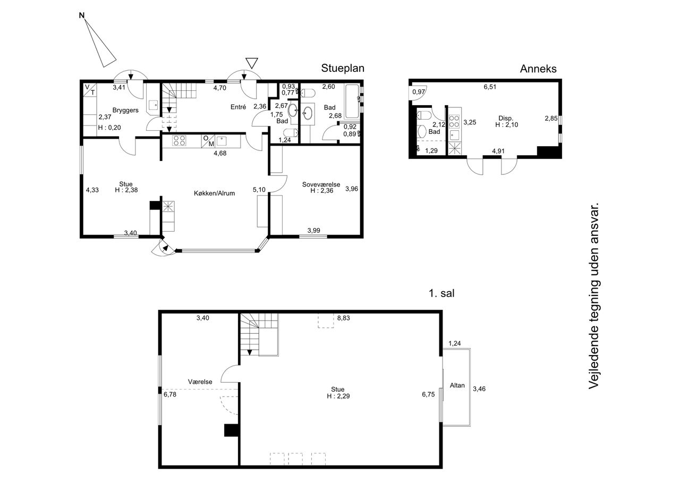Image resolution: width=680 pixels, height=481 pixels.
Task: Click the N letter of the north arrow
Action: click(82, 15)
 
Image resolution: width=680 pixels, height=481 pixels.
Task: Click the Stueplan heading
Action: click(343, 69)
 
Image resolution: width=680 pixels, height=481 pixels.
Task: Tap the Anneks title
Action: click(538, 69)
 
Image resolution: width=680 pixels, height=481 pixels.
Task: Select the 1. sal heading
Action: click(441, 293)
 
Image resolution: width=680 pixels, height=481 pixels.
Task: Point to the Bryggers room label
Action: click(125, 110)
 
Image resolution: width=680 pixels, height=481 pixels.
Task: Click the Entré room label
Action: click(238, 107)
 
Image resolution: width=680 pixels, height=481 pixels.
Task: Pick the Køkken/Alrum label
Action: click(214, 193)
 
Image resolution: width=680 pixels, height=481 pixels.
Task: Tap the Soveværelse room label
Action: click(321, 184)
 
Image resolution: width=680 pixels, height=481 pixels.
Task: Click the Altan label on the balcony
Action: click(457, 385)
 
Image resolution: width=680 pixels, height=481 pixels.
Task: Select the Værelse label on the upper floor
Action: click(200, 382)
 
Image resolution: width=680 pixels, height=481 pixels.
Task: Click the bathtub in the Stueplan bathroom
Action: click(352, 102)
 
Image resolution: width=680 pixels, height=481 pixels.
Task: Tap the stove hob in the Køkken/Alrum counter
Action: click(179, 141)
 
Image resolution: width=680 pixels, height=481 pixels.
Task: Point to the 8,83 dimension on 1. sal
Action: click(343, 318)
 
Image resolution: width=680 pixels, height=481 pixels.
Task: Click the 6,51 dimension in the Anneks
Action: click(490, 87)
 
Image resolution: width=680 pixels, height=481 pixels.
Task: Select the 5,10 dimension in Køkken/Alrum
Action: click(259, 190)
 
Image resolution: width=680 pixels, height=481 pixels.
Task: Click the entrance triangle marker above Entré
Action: click(252, 63)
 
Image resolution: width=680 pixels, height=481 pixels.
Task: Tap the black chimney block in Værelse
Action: click(231, 431)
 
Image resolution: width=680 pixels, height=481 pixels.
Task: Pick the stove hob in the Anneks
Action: click(454, 122)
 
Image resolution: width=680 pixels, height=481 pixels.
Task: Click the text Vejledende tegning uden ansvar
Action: click(594, 296)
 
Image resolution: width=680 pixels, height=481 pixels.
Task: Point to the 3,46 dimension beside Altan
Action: click(479, 389)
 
